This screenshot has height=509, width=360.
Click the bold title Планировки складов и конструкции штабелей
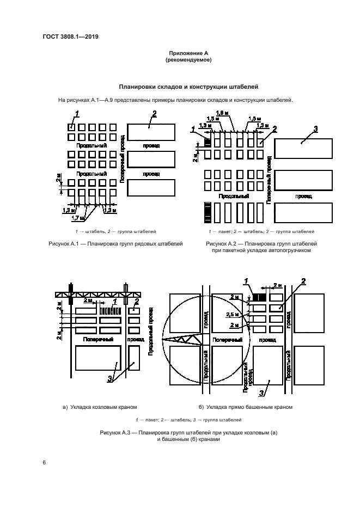point(188,87)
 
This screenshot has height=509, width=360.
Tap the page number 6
point(44,463)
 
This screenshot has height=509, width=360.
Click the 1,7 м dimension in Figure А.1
point(79,218)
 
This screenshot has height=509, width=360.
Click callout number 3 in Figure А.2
point(315,128)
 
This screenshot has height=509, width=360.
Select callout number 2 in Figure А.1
point(155,113)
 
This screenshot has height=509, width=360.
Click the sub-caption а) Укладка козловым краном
point(99,407)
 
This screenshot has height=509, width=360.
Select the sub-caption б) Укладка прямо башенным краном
point(246,407)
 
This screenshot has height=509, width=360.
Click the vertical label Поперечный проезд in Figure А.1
point(123,157)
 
